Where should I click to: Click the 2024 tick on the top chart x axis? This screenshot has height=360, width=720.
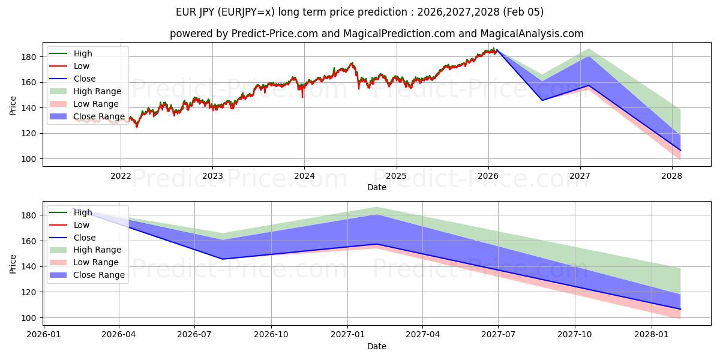304,175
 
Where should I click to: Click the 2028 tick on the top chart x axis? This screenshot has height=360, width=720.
671,175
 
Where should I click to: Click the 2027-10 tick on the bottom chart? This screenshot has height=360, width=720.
575,334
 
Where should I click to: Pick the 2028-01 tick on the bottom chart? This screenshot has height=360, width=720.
651,334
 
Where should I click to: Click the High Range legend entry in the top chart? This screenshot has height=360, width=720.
97,91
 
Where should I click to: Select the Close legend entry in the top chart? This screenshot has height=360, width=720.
84,79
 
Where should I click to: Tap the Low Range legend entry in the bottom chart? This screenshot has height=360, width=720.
96,262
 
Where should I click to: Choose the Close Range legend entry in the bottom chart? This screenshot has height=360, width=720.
99,275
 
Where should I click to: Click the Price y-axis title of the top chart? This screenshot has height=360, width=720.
13,106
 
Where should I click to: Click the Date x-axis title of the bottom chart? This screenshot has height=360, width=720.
377,346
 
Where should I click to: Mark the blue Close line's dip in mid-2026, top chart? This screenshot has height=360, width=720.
542,100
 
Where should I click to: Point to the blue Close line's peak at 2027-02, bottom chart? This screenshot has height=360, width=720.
376,244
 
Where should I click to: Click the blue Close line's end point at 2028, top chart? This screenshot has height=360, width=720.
680,150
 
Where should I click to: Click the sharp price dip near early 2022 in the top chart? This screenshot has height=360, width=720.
136,127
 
